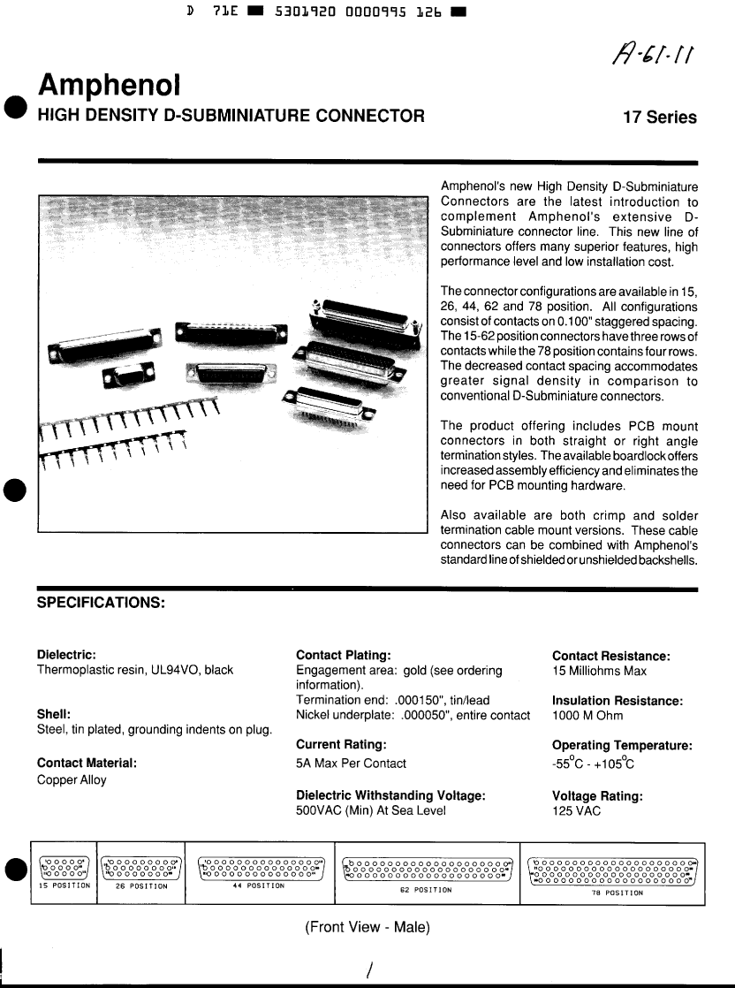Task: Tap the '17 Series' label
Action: point(659,118)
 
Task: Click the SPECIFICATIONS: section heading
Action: point(101,603)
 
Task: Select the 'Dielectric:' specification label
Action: point(66,655)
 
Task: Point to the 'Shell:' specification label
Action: point(54,714)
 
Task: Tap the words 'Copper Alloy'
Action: point(72,780)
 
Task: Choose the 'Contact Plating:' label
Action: point(344,655)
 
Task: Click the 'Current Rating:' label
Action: point(342,745)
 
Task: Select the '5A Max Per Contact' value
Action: point(352,764)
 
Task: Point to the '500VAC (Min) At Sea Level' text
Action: point(371,810)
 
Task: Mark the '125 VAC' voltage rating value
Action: point(576,810)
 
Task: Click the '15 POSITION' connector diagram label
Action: point(64,885)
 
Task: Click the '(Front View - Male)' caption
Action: point(367,927)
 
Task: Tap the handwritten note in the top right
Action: point(655,59)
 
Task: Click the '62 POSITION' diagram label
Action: point(426,890)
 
